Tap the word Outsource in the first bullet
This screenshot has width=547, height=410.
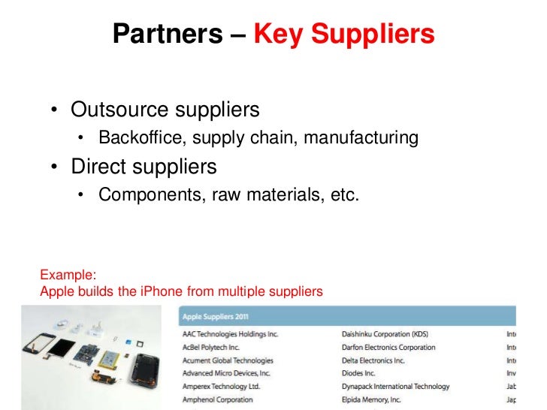[x=120, y=110]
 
